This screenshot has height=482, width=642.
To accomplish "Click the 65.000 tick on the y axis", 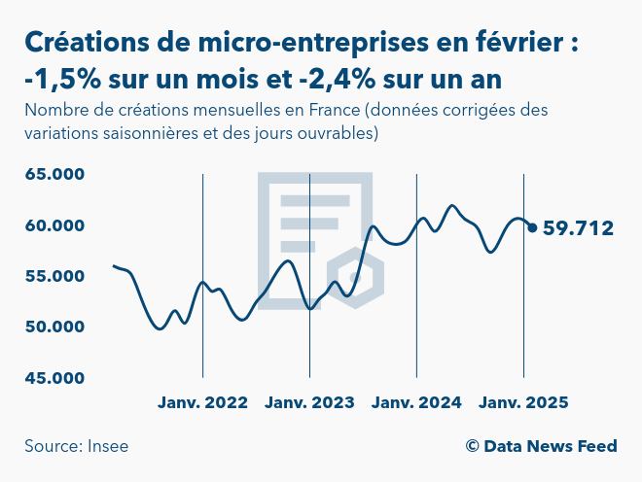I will [x=55, y=175].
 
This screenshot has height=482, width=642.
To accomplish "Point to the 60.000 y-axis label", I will [x=55, y=225].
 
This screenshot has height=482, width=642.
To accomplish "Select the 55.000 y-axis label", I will [x=55, y=276].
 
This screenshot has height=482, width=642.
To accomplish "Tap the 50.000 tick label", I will [x=55, y=327].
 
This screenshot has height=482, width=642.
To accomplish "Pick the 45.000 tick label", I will [x=55, y=377].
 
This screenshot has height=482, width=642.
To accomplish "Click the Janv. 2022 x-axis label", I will [x=202, y=402].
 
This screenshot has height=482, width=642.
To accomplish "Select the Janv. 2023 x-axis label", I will [x=309, y=402].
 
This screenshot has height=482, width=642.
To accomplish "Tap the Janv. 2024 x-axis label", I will [x=416, y=402].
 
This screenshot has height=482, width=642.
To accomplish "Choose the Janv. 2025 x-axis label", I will [x=523, y=402].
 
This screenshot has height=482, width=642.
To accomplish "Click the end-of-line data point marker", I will [x=532, y=228].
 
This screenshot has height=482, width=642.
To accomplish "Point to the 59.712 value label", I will [x=578, y=229].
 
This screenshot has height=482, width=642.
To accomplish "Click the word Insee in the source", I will [x=107, y=446].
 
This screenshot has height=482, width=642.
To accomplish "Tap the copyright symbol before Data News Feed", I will [x=472, y=446].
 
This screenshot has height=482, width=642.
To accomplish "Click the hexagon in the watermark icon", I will [x=354, y=276].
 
